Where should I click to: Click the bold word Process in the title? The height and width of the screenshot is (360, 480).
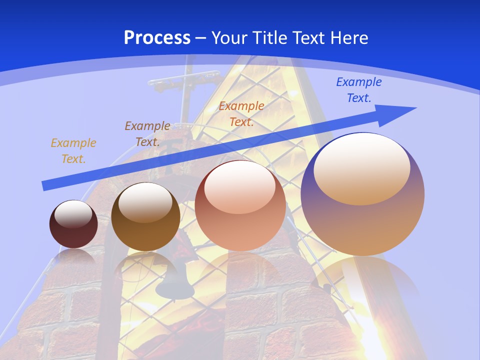[157, 37]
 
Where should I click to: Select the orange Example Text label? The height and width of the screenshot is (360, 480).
[241, 113]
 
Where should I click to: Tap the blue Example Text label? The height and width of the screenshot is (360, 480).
[358, 90]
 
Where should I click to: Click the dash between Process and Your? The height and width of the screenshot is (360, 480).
[200, 37]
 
